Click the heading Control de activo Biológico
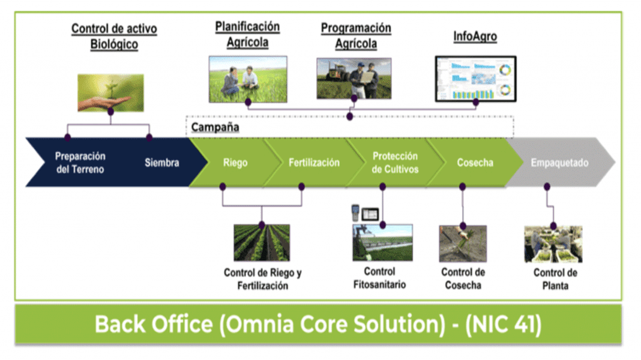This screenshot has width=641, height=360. click(x=114, y=37)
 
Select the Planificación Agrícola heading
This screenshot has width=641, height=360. click(x=247, y=34)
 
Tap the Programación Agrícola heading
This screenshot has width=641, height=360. click(x=356, y=35)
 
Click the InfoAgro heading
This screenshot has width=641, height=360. click(x=475, y=37)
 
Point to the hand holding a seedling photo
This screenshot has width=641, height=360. click(x=111, y=93)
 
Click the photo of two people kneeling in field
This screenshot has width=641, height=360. click(x=248, y=79)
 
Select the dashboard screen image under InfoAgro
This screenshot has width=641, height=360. click(x=475, y=79)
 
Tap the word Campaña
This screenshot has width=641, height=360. click(x=215, y=127)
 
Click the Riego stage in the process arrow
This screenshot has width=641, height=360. click(x=235, y=163)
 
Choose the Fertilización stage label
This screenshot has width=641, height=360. click(x=314, y=163)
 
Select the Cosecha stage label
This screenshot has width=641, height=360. click(x=475, y=163)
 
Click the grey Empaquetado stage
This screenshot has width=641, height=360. click(x=559, y=163)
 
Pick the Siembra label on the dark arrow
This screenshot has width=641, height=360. click(x=162, y=163)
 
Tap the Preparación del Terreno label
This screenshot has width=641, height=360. click(x=80, y=163)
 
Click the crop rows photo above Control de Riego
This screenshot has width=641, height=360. click(x=262, y=243)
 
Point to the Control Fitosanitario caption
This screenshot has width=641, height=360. click(x=379, y=278)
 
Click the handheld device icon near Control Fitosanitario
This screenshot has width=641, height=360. click(x=355, y=212)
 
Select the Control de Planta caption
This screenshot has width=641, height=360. click(x=555, y=279)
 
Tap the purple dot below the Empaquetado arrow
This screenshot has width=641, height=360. click(x=547, y=187)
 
